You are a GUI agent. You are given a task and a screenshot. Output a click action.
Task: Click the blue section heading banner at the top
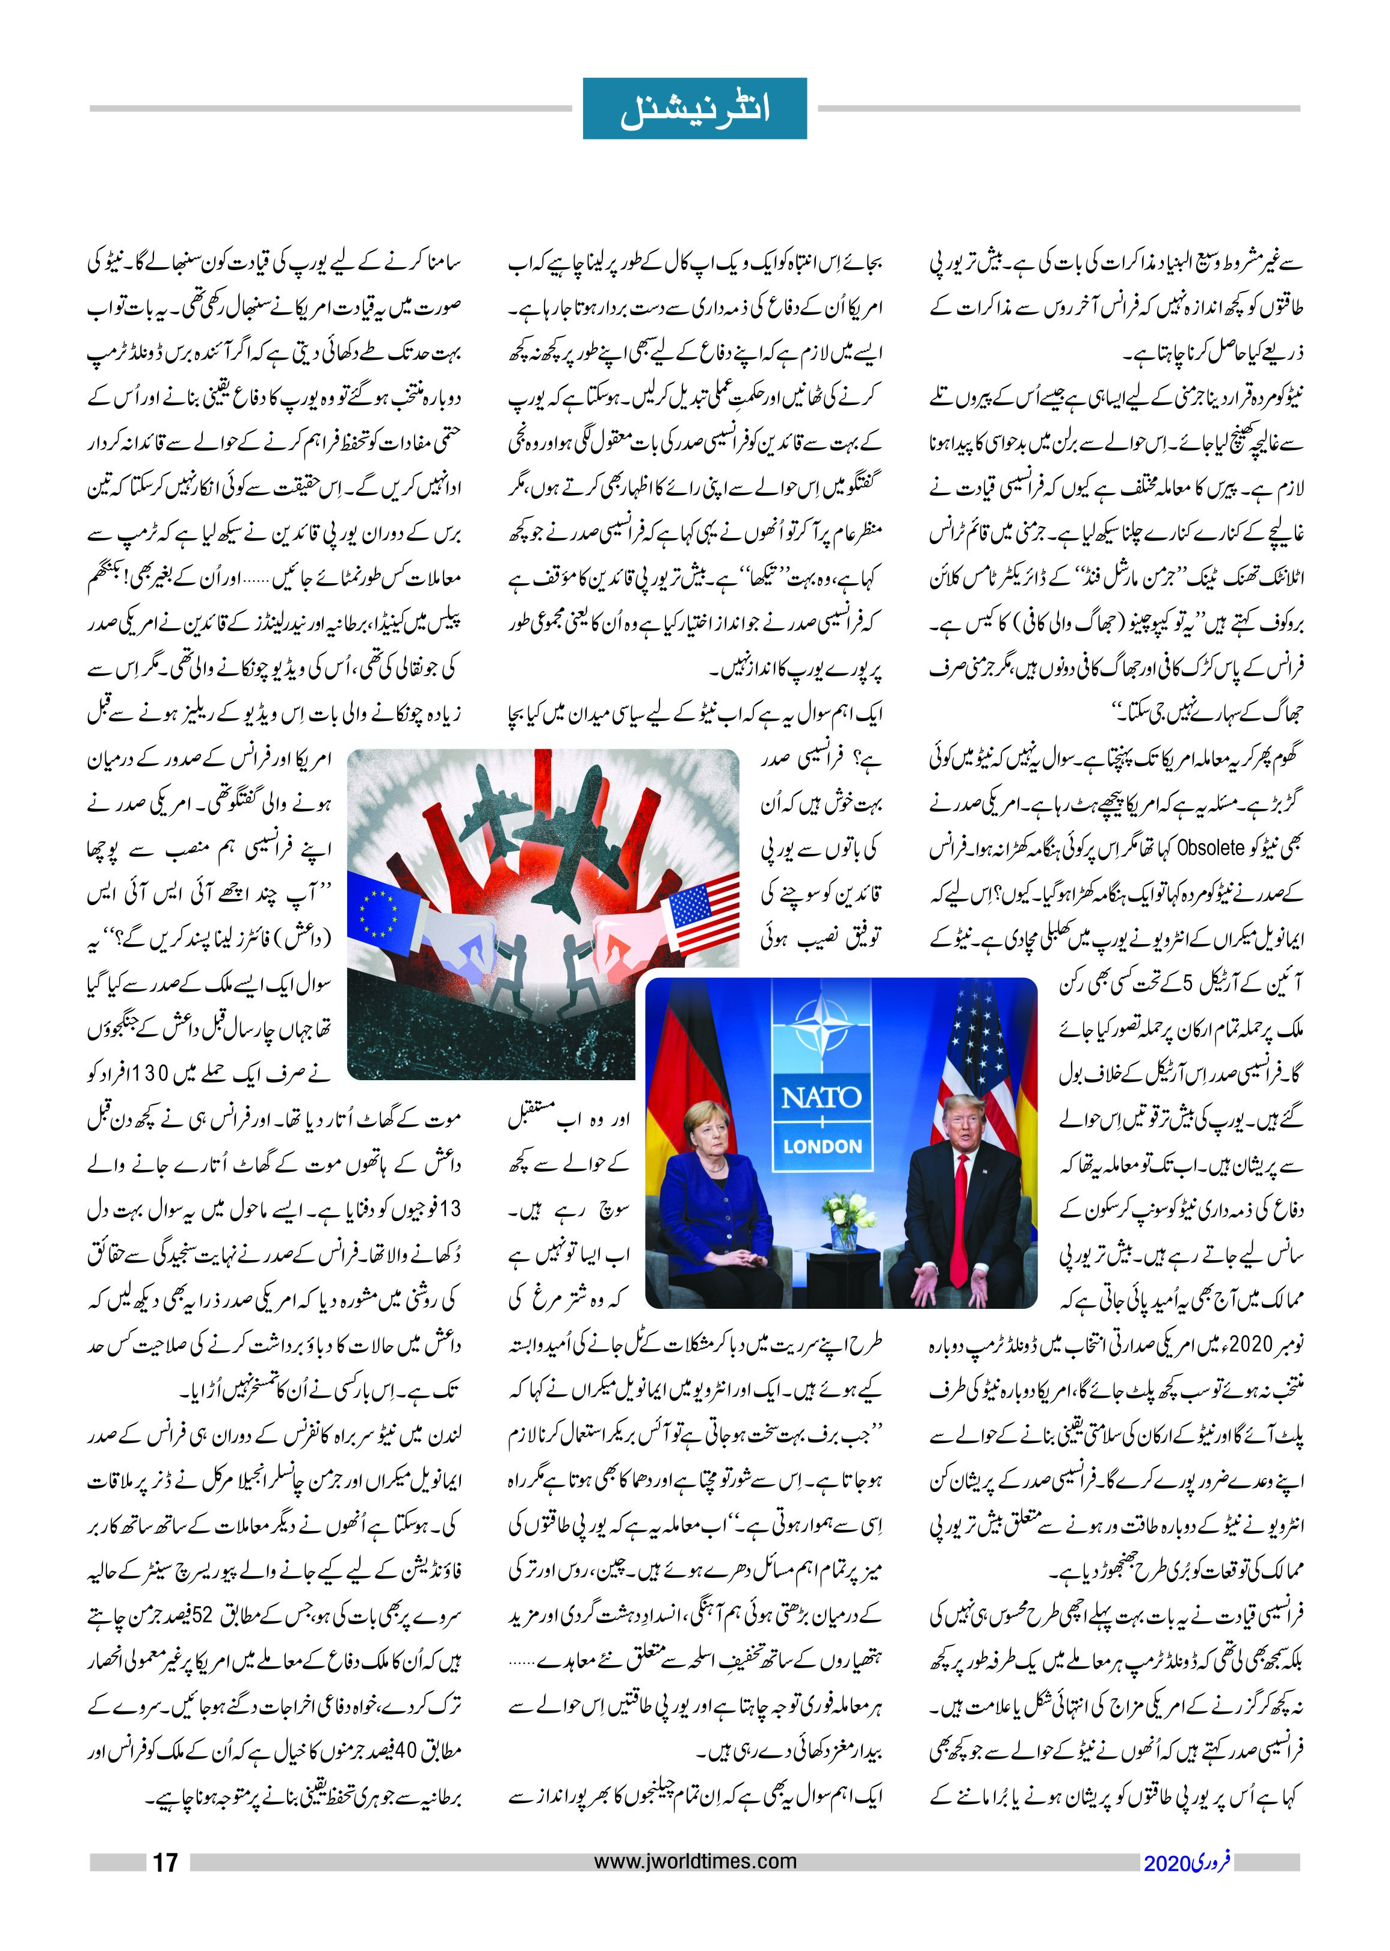tap(694, 109)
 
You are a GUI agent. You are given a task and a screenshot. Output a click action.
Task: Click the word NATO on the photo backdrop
tap(821, 1098)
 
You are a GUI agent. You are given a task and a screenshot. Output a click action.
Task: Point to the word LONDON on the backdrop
tap(822, 1146)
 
